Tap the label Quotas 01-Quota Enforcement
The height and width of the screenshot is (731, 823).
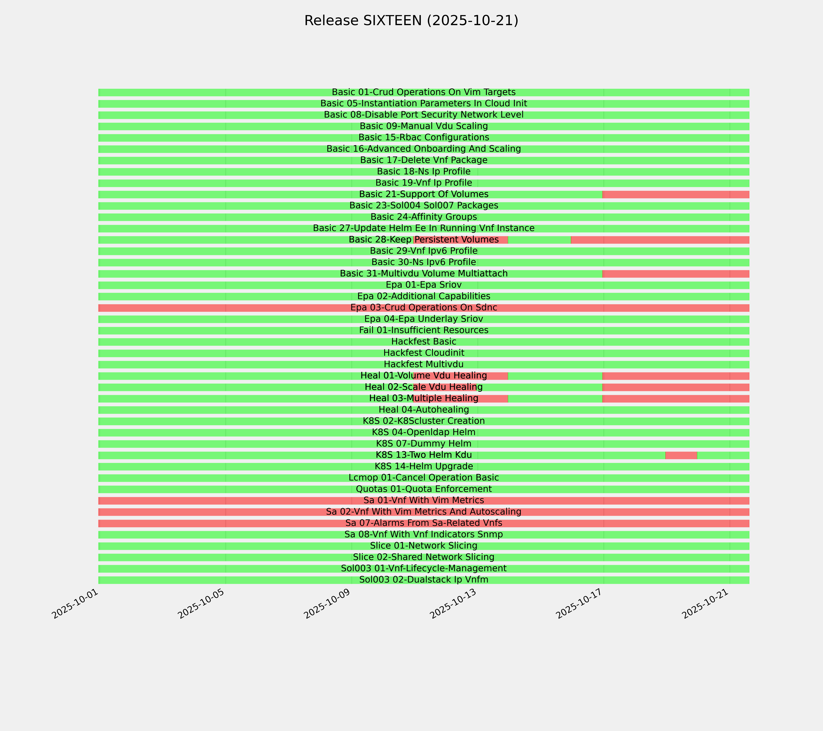(424, 489)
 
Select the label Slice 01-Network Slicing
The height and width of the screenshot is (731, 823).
(424, 546)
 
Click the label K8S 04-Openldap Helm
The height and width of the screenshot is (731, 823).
(424, 433)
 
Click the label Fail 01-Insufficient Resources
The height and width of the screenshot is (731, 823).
(424, 330)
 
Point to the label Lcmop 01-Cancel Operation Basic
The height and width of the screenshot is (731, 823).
(424, 478)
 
